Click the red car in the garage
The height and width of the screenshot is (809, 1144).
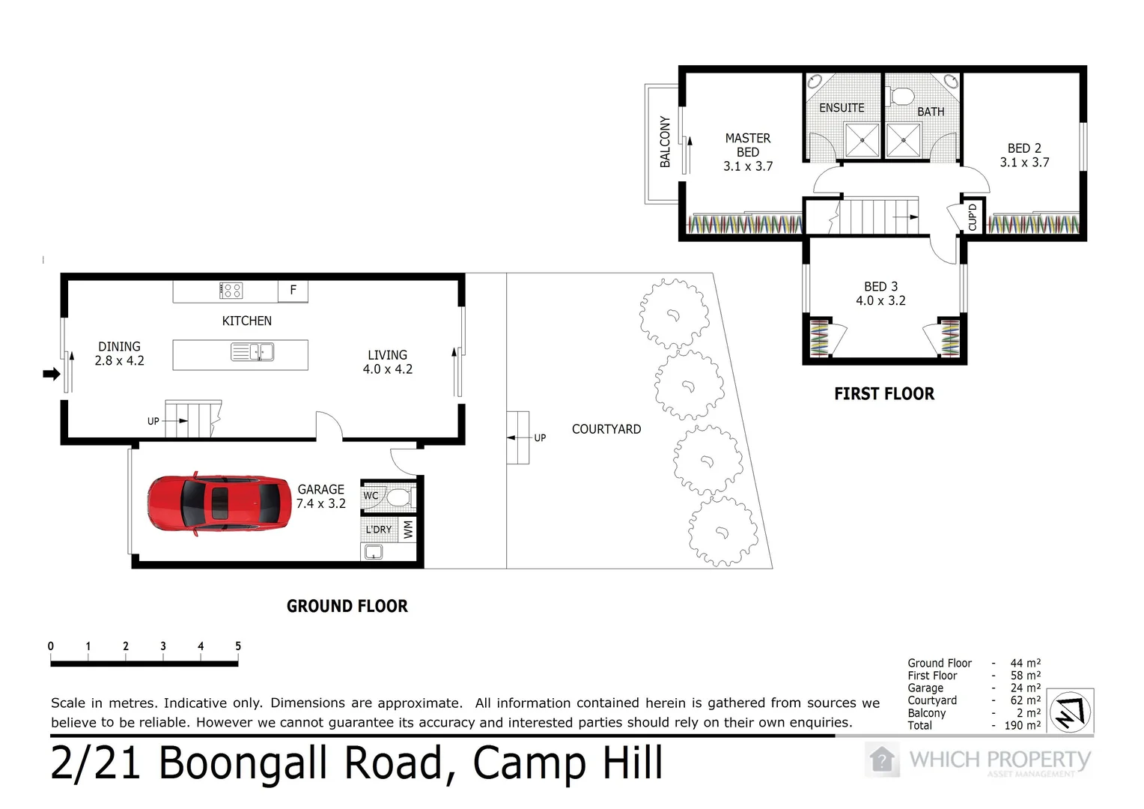[219, 504]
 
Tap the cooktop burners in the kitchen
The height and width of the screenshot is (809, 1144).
[231, 291]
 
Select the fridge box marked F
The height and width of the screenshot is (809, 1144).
[293, 291]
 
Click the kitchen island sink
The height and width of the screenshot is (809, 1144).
[252, 352]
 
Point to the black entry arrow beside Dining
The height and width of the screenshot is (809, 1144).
[51, 374]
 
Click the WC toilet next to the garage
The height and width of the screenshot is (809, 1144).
[401, 497]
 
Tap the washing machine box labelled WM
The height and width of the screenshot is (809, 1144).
[407, 530]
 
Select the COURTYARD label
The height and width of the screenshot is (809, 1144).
[606, 429]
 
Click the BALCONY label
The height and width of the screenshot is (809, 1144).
[664, 142]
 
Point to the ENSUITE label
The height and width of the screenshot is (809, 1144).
[842, 108]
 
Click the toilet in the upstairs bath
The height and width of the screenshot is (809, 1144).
[900, 96]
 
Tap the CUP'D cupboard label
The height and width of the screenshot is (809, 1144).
[973, 218]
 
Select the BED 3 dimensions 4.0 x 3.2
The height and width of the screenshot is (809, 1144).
[880, 300]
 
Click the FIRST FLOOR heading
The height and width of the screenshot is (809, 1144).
[884, 393]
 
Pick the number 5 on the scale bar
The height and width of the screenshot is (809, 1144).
[238, 646]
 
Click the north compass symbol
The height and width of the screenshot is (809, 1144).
[1070, 712]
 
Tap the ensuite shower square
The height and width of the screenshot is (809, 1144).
[862, 140]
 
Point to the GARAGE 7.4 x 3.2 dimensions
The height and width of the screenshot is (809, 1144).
[320, 503]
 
